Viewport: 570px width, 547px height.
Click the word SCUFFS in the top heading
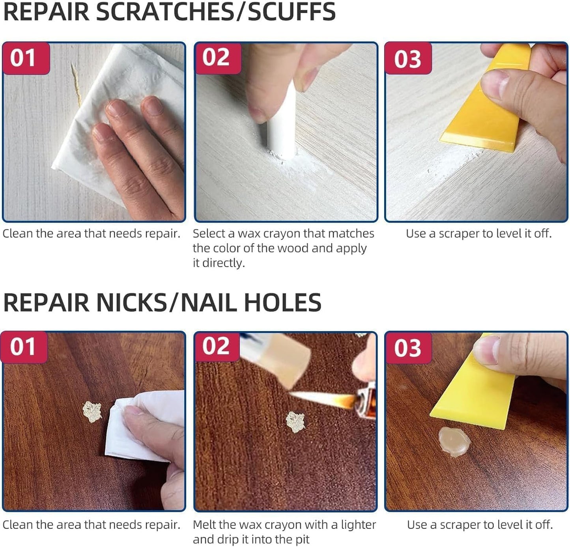[x=292, y=12]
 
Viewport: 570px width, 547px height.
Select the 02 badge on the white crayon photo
[x=217, y=58]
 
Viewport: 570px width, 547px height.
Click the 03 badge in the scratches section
[x=408, y=59]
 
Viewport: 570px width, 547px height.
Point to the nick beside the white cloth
[x=92, y=411]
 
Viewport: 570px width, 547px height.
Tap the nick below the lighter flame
[x=295, y=421]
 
